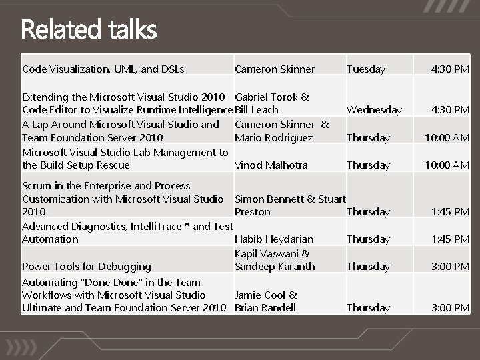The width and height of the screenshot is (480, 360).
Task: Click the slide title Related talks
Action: pyautogui.click(x=89, y=30)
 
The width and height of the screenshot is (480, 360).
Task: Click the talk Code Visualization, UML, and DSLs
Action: pyautogui.click(x=103, y=69)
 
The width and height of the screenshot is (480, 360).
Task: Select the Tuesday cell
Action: pyautogui.click(x=365, y=69)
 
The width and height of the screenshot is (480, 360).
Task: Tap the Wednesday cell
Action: pyautogui.click(x=374, y=110)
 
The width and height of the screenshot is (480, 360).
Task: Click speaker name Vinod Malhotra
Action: pyautogui.click(x=271, y=165)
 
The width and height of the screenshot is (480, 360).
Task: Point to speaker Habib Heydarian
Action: pyautogui.click(x=274, y=239)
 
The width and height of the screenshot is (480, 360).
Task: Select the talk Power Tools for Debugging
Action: pyautogui.click(x=87, y=267)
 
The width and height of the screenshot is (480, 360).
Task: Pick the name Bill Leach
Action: pyautogui.click(x=257, y=110)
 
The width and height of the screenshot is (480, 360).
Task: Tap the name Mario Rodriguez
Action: pyautogui.click(x=273, y=138)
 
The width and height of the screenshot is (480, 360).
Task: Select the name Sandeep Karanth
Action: pyautogui.click(x=275, y=267)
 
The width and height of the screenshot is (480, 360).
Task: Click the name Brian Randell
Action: pyautogui.click(x=265, y=308)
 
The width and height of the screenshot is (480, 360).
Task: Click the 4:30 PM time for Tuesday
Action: pyautogui.click(x=450, y=69)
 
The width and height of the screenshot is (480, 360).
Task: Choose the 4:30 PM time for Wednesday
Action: pyautogui.click(x=450, y=110)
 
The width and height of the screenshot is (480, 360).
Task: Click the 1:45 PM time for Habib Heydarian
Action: pyautogui.click(x=450, y=239)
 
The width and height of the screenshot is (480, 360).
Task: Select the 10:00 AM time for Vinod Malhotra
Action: pyautogui.click(x=447, y=165)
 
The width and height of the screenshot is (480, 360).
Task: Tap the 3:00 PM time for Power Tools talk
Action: pyautogui.click(x=450, y=267)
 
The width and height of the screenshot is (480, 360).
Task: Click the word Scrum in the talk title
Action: pyautogui.click(x=36, y=186)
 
